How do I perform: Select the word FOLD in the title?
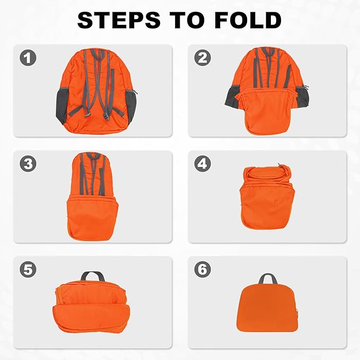[250, 20]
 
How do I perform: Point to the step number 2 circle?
[203, 58]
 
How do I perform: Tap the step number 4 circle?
[203, 164]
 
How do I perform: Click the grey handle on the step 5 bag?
[92, 276]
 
